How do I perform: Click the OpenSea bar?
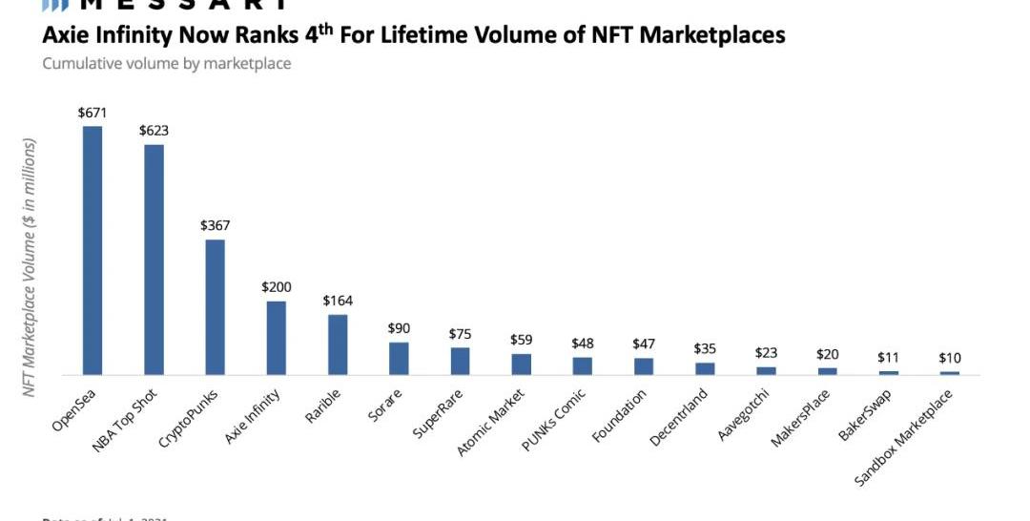[93, 250]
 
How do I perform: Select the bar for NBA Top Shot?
[154, 259]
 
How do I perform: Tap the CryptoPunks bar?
[215, 306]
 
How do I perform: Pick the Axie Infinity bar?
[276, 338]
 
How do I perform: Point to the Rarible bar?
[338, 344]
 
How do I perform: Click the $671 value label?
[93, 113]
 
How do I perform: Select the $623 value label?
[154, 131]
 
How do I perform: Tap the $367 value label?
[215, 226]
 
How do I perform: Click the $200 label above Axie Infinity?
[277, 287]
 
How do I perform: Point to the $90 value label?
[399, 328]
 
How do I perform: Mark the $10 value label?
[949, 358]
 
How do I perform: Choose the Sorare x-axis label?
[384, 406]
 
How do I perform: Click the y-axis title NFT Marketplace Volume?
[30, 268]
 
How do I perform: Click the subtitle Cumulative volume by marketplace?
[167, 64]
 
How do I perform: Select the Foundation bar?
[644, 366]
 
